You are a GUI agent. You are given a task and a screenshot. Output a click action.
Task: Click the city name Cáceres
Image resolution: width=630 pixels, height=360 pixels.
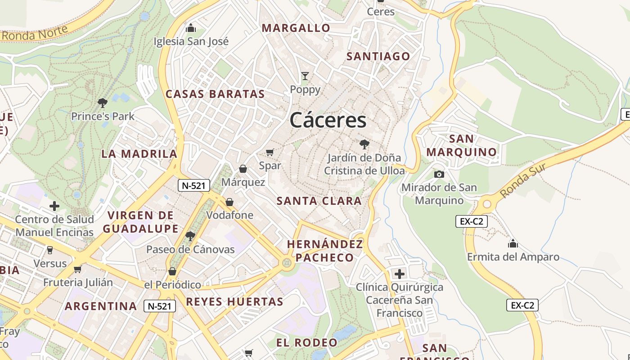328,120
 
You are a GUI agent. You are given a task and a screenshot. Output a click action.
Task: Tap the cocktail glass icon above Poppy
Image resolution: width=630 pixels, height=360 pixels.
305,76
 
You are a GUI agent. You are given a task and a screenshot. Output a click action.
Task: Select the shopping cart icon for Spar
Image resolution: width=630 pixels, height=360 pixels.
270,153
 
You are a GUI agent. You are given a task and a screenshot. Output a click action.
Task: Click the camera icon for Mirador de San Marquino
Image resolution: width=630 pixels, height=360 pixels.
439,174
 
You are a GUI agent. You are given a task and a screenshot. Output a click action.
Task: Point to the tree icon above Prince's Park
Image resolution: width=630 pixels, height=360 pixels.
103,103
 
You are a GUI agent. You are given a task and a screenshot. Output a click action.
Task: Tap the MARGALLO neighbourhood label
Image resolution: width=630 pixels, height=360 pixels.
296,28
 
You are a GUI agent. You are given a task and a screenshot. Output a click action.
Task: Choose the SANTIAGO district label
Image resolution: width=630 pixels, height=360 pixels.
378,56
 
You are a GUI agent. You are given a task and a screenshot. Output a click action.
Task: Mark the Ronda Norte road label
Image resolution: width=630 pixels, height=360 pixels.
35,32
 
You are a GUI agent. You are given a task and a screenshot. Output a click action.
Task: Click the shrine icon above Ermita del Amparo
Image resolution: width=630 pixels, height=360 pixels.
513,244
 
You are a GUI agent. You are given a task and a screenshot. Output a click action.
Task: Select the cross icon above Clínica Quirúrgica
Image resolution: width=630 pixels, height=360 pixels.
399,274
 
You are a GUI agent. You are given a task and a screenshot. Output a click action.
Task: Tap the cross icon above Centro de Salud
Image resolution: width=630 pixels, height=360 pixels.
54,206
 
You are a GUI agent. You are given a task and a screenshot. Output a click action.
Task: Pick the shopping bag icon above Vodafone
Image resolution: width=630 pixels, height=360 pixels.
229,202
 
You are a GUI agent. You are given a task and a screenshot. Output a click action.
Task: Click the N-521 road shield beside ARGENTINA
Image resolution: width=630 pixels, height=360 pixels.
160,306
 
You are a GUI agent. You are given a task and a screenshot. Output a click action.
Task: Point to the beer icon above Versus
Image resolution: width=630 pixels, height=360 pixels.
50,250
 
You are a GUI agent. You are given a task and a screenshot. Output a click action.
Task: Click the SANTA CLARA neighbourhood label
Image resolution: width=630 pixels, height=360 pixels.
319,201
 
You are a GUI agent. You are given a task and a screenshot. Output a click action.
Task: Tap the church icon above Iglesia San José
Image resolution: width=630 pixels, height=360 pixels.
191,28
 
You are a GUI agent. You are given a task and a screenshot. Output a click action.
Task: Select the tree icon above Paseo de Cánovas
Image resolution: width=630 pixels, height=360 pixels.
190,236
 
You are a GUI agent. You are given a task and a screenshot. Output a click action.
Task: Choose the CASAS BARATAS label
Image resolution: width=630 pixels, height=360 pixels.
215,94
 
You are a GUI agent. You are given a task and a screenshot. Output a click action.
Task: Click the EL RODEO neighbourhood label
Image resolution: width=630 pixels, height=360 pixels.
306,342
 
